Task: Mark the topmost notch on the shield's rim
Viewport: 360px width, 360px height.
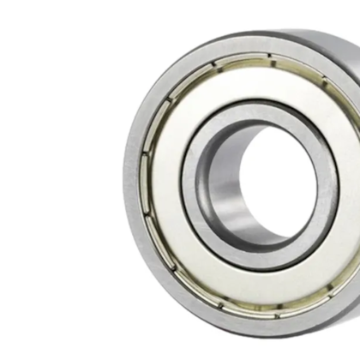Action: (268, 57)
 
